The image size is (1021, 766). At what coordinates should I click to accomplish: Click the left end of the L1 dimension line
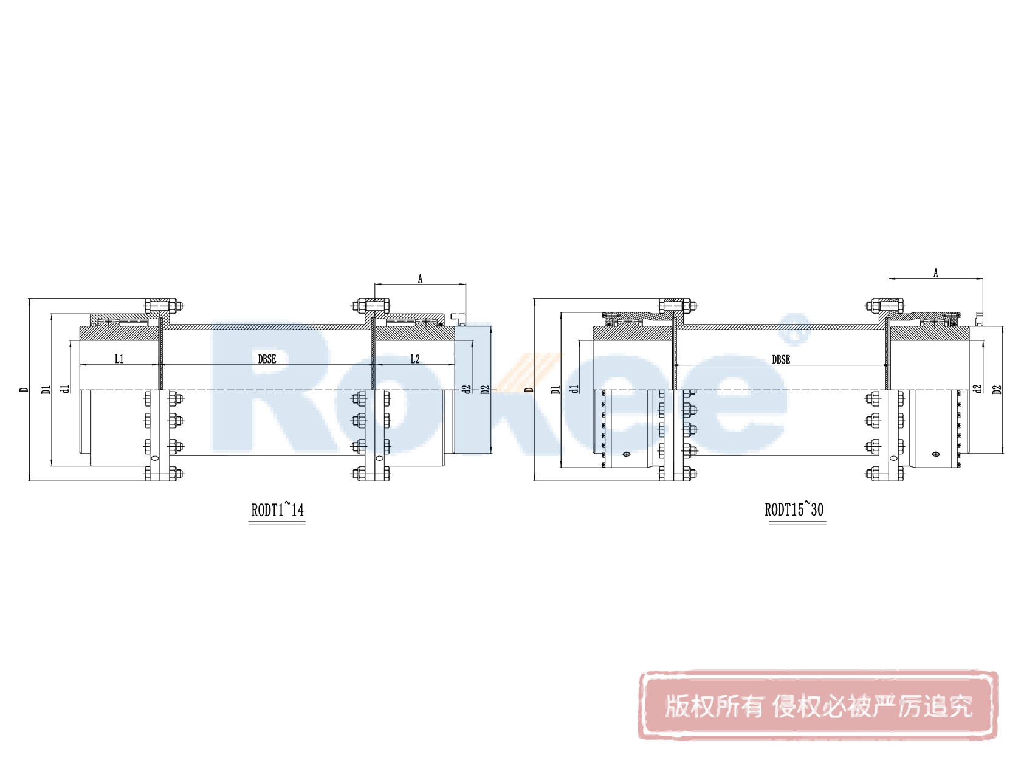click(x=80, y=365)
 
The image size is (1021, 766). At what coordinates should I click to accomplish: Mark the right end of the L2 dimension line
click(x=455, y=365)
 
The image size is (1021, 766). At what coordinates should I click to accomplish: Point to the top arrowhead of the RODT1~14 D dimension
click(x=29, y=301)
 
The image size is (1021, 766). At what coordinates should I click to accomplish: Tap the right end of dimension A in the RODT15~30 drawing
click(x=982, y=278)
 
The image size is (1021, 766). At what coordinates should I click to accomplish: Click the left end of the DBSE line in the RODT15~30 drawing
click(x=674, y=365)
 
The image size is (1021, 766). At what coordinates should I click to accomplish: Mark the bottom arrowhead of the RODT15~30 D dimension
click(x=535, y=478)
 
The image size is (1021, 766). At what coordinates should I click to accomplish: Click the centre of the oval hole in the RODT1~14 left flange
click(x=155, y=458)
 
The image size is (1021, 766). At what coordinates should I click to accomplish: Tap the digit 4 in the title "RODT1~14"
click(x=300, y=510)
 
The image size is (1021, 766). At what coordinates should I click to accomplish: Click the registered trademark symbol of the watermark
click(x=796, y=329)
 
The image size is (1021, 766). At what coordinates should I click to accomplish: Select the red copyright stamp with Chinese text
click(x=818, y=705)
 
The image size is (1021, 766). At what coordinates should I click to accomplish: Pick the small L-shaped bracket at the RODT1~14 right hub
click(x=458, y=319)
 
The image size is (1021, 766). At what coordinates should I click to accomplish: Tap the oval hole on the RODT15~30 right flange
click(x=893, y=458)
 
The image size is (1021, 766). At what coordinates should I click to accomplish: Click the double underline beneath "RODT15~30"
click(x=797, y=523)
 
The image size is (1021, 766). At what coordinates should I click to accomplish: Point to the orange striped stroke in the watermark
click(x=529, y=372)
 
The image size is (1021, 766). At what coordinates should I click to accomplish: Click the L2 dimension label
click(x=415, y=359)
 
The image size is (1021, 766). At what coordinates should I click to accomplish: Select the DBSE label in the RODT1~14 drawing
click(x=267, y=359)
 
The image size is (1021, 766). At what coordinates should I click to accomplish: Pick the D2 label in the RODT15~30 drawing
click(x=997, y=389)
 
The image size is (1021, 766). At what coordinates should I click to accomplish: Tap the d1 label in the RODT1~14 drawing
click(x=66, y=388)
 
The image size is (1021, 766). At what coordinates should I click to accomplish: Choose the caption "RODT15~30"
click(x=794, y=509)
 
